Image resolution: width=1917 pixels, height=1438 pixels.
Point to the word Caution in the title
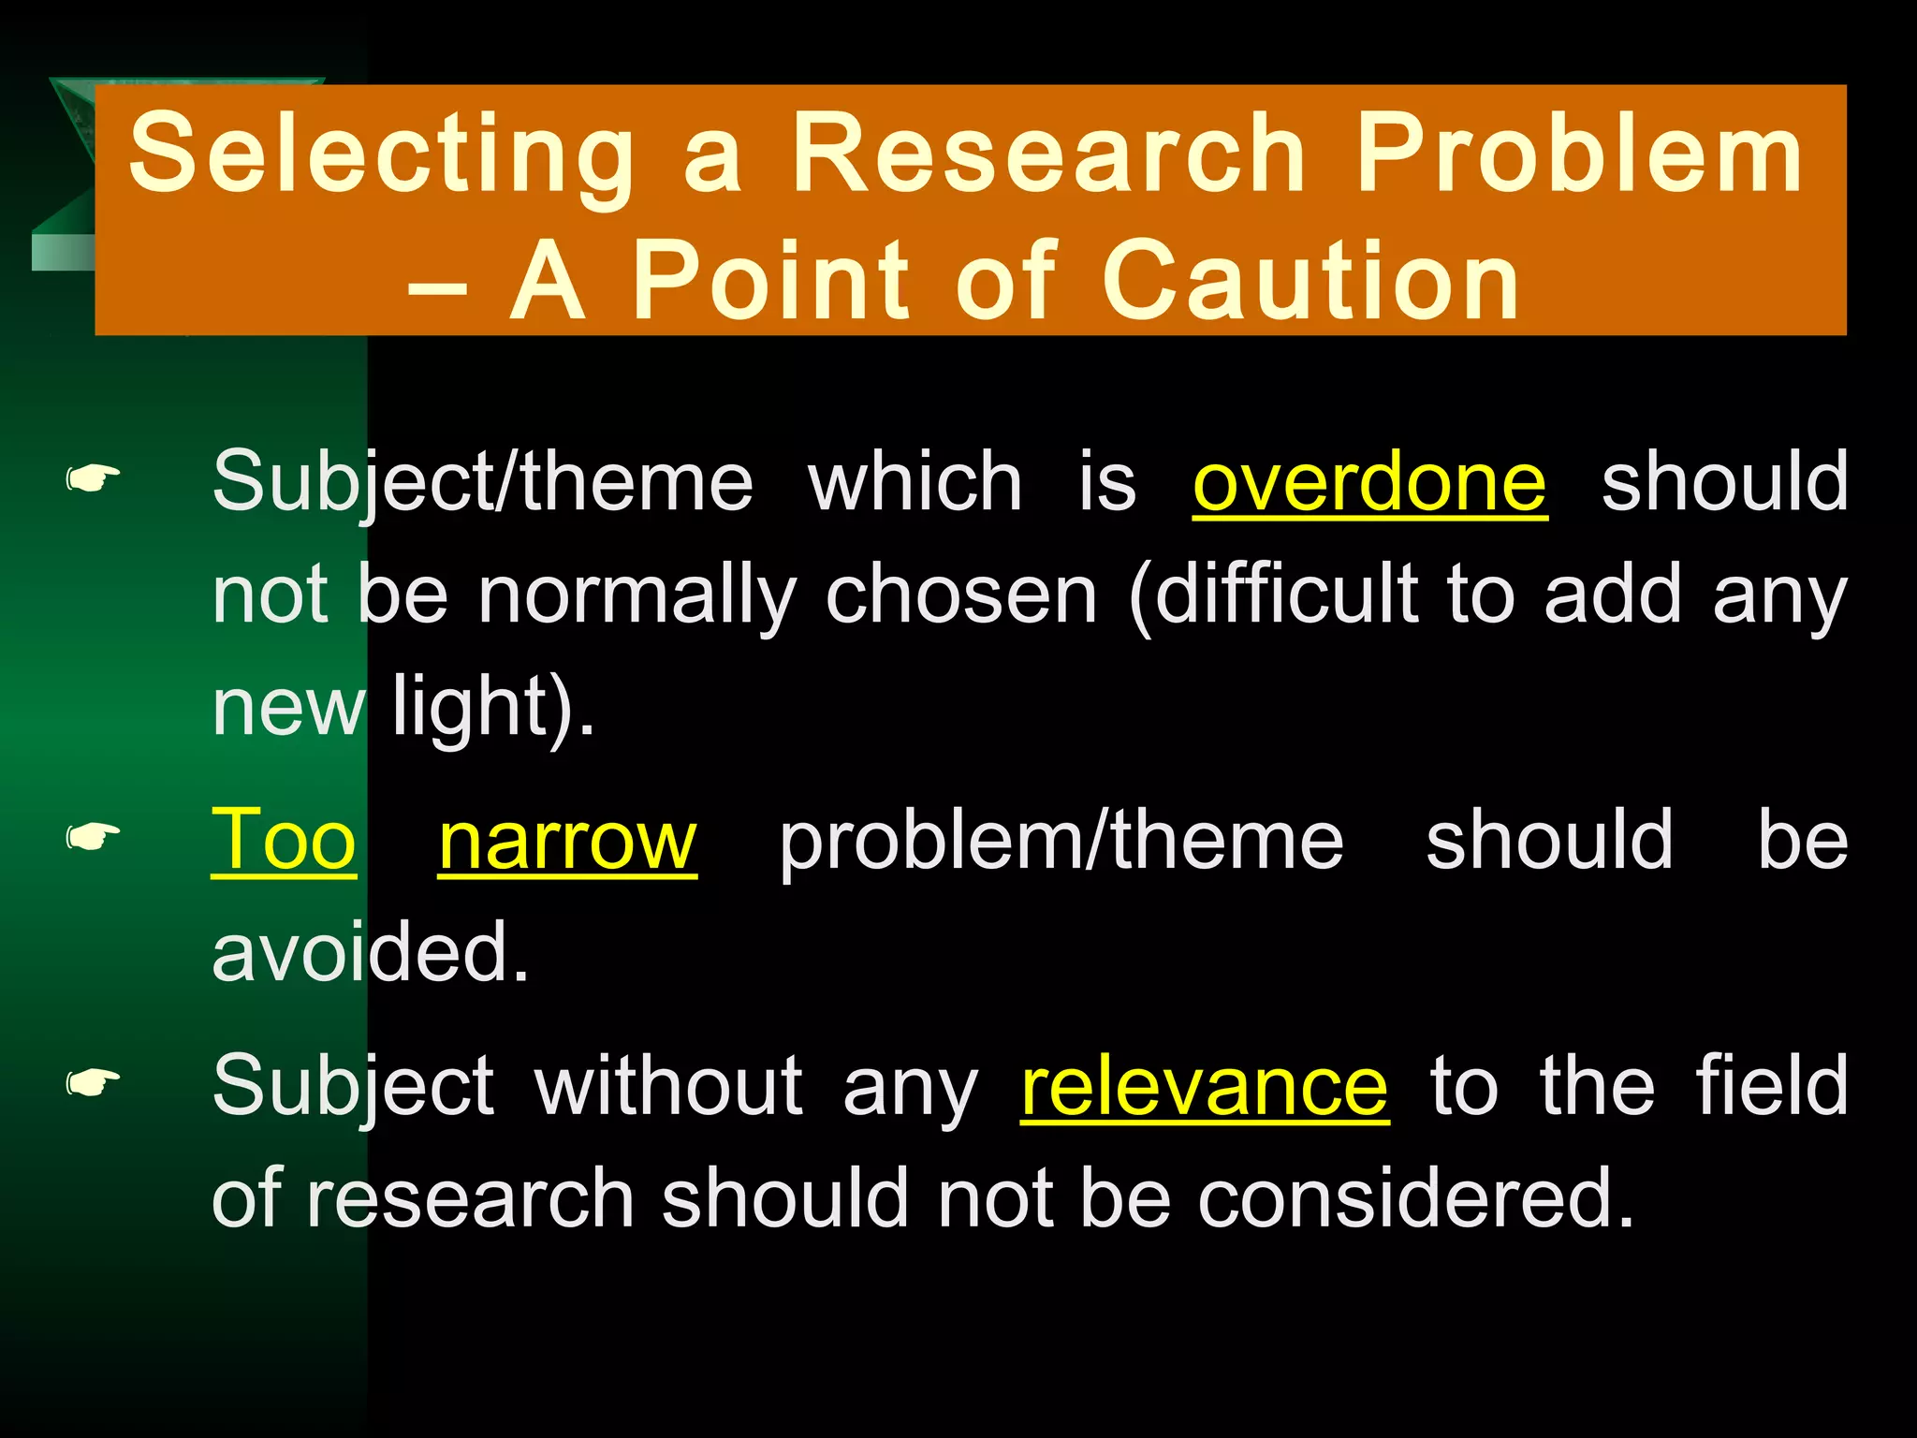tap(1311, 280)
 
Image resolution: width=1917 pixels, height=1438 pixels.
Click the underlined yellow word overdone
tap(1369, 481)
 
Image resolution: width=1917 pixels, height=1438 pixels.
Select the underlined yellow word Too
tap(284, 840)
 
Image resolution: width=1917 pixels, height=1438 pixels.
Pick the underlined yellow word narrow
tap(567, 840)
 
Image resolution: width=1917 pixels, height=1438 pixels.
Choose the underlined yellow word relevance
tap(1205, 1086)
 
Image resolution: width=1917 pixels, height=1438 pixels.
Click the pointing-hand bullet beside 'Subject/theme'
tap(93, 480)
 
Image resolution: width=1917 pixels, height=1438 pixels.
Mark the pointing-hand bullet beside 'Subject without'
tap(93, 1084)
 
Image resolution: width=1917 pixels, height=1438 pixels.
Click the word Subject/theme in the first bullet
tap(482, 483)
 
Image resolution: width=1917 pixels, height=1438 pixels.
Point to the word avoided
tap(371, 952)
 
